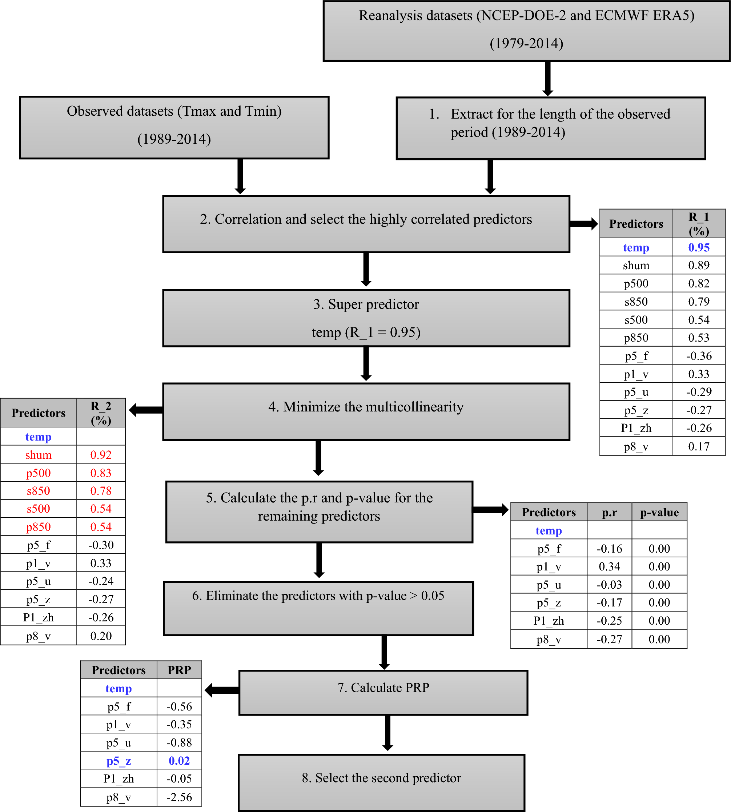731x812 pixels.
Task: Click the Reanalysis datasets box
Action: point(526,31)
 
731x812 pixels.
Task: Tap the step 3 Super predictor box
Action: point(366,318)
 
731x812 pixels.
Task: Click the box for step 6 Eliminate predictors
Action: point(318,608)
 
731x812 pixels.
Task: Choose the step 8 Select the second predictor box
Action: point(381,782)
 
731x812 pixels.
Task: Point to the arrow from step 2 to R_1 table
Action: point(583,224)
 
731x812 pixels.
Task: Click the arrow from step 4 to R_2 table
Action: point(146,410)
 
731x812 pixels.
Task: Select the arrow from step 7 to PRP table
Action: point(222,690)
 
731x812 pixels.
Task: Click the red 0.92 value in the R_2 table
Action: point(101,455)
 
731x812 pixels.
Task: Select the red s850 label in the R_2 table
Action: point(39,491)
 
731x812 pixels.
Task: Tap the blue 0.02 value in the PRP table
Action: point(179,761)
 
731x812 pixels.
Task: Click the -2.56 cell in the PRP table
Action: point(179,797)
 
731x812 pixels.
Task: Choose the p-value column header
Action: point(659,513)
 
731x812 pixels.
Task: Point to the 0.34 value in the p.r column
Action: point(609,566)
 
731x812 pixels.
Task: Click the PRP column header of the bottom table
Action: point(179,670)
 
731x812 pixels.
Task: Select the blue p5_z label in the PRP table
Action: point(119,761)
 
